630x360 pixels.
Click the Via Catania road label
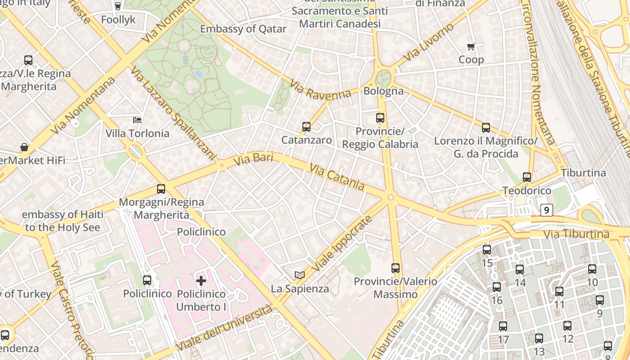click(337, 177)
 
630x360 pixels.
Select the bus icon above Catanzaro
click(306, 127)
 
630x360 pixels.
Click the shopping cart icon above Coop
click(471, 46)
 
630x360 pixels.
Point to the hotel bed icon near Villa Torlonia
click(137, 120)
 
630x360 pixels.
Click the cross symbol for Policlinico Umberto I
click(201, 281)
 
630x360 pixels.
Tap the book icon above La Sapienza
click(300, 275)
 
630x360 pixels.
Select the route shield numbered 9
click(546, 210)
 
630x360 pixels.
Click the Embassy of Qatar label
click(243, 29)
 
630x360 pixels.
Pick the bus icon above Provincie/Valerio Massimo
click(396, 268)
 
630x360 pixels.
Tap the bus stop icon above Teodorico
click(527, 177)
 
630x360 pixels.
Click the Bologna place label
click(383, 91)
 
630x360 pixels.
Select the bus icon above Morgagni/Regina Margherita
click(161, 189)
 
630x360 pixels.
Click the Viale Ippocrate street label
click(342, 243)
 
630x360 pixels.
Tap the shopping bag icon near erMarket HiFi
click(24, 147)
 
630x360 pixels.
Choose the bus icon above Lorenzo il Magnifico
click(486, 128)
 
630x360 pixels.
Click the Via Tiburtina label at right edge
click(576, 234)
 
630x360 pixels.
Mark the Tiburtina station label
click(583, 173)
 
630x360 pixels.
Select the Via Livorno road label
click(428, 42)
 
